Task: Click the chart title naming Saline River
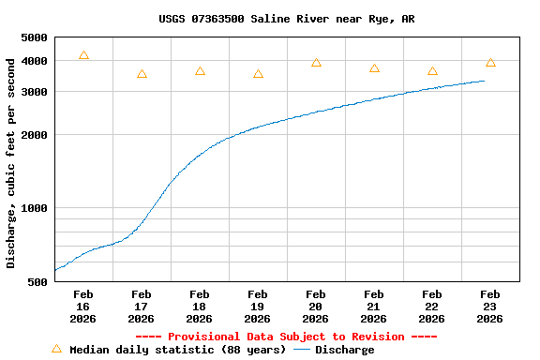[286, 19]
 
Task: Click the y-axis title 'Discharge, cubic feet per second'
[11, 163]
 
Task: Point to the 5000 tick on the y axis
[33, 37]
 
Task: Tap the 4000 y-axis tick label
[33, 61]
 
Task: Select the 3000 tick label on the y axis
[33, 92]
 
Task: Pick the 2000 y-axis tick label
[33, 135]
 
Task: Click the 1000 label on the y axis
[33, 208]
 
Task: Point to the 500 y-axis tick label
[37, 281]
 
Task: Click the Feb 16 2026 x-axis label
[82, 307]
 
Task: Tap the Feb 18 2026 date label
[199, 307]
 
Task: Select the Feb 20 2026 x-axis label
[315, 307]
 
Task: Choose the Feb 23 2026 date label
[489, 307]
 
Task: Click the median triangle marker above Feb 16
[83, 56]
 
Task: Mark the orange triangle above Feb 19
[258, 74]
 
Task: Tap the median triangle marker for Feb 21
[374, 68]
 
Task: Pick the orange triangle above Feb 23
[490, 63]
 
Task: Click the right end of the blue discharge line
[484, 81]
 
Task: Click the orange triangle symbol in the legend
[56, 349]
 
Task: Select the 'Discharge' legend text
[344, 350]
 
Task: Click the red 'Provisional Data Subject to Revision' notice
[286, 337]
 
